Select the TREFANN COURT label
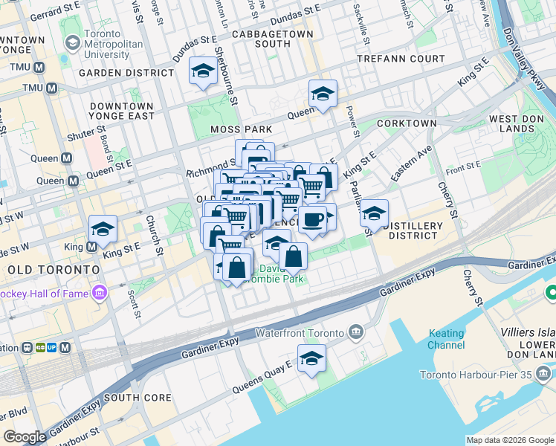[401, 59]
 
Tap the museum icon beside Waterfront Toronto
[356, 332]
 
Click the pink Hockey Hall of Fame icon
[99, 294]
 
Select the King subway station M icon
[92, 247]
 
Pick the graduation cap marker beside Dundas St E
[203, 71]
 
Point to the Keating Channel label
[446, 340]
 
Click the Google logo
[25, 437]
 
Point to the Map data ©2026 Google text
[509, 440]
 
